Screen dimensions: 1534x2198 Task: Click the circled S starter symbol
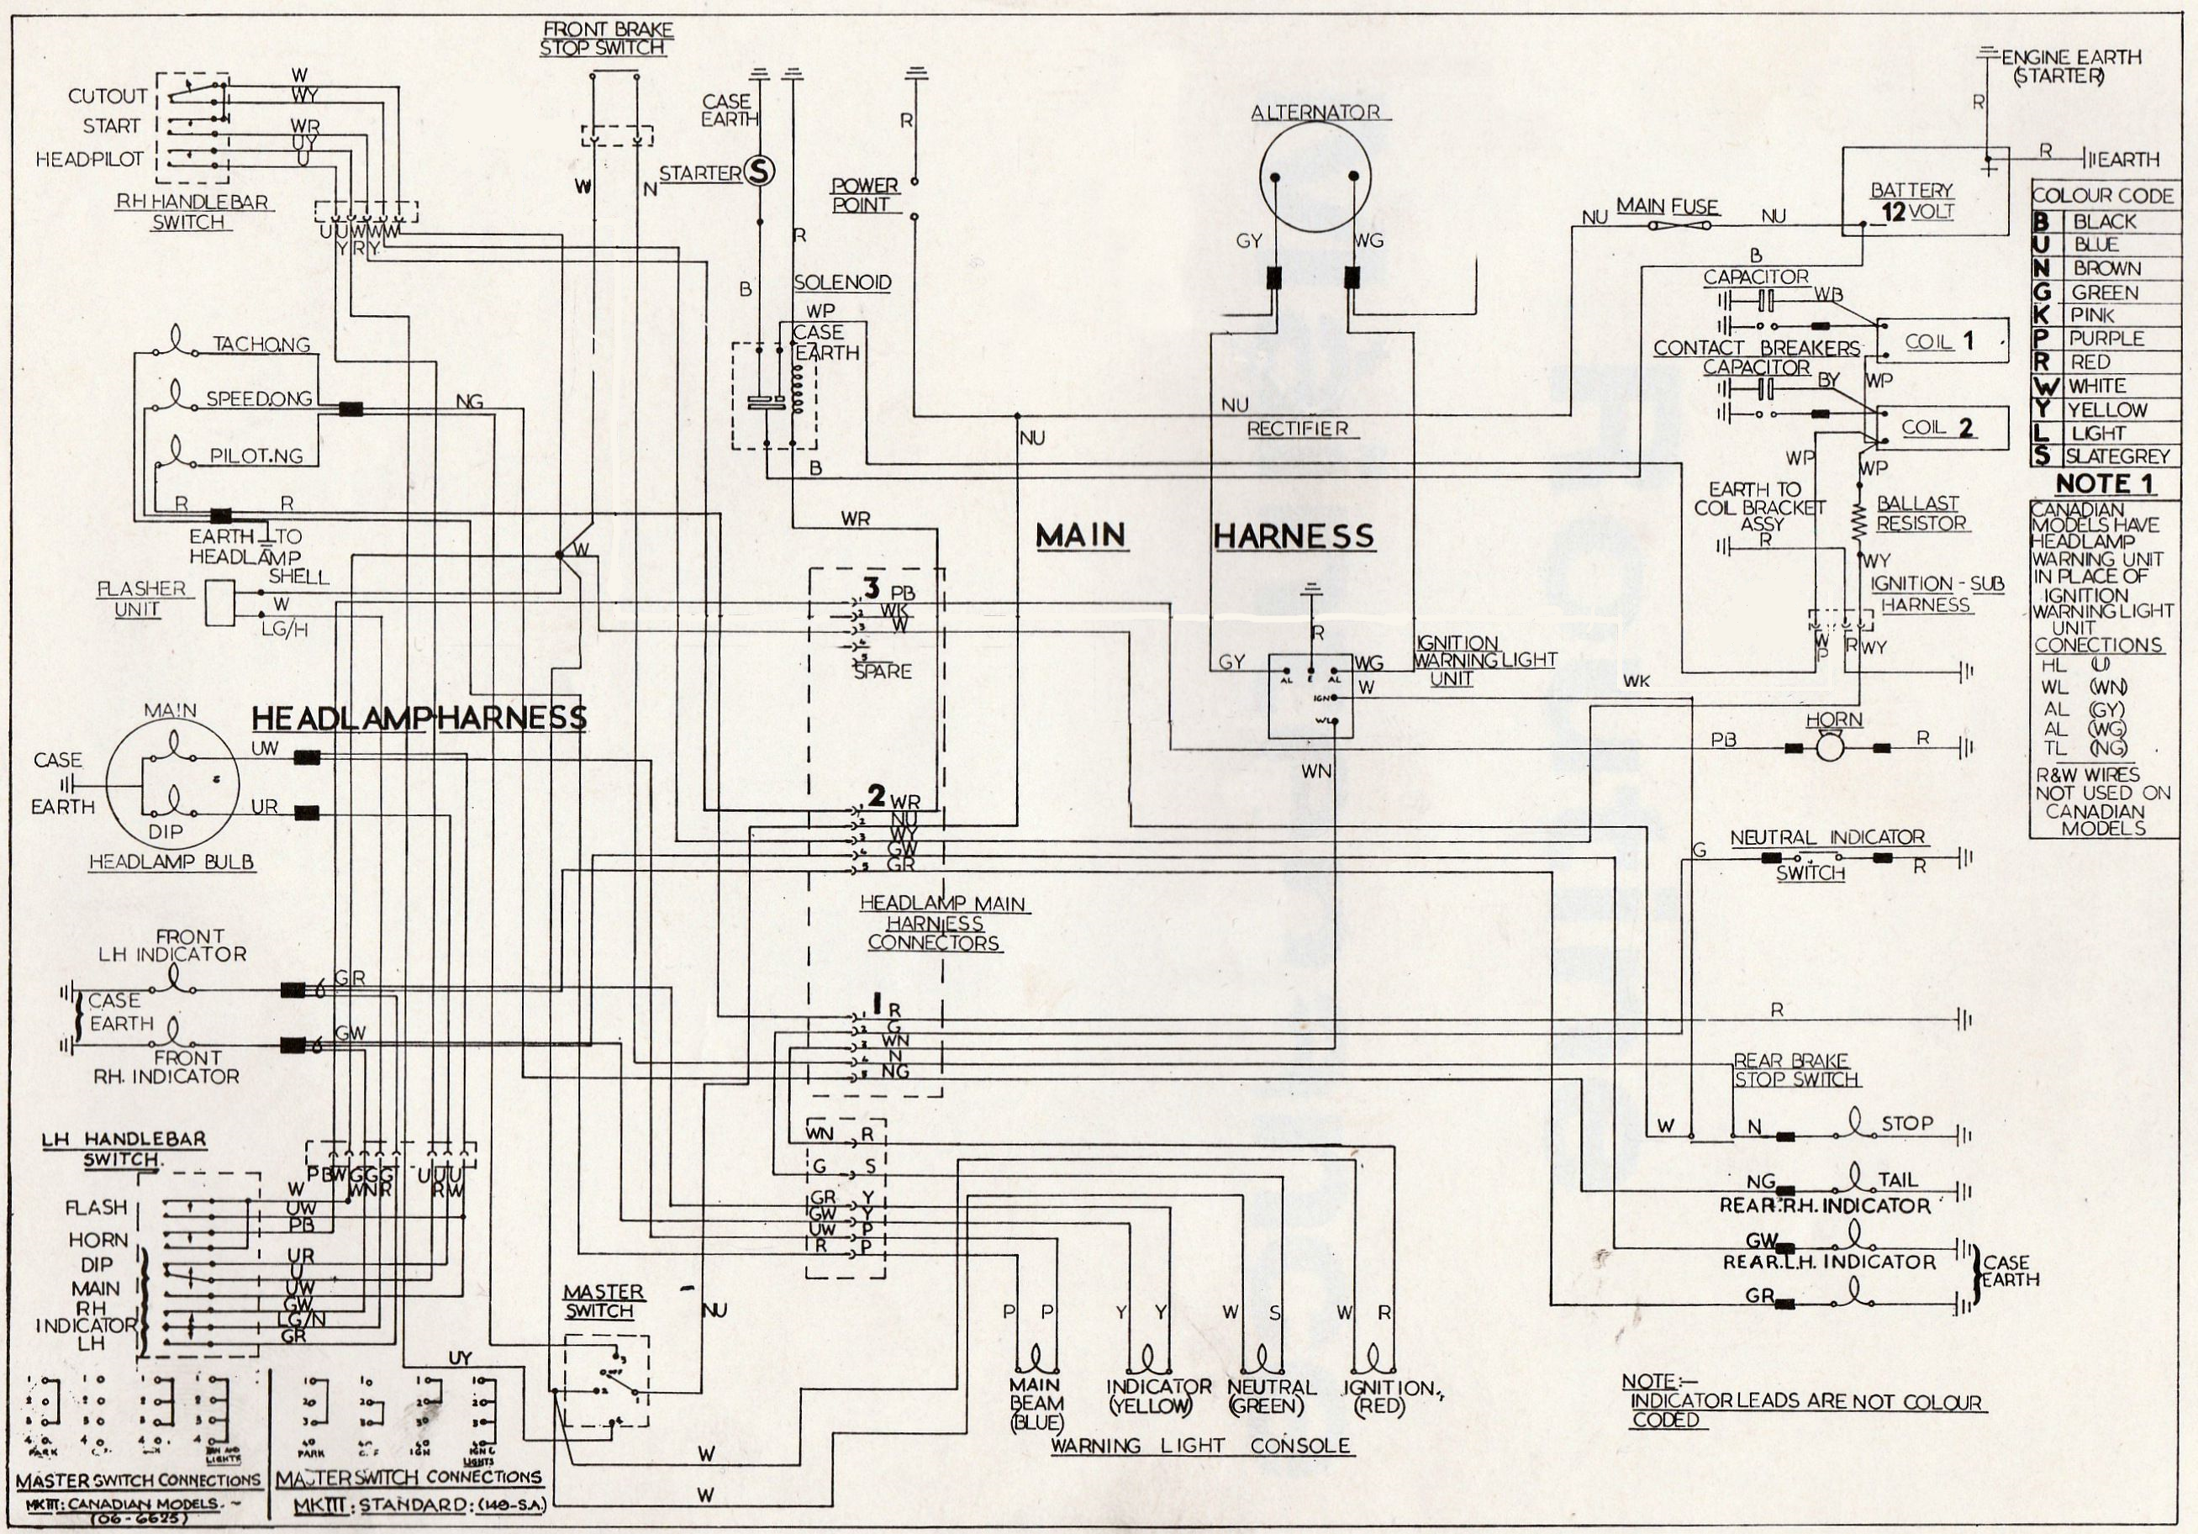[761, 172]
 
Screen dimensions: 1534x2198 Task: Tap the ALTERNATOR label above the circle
[1315, 112]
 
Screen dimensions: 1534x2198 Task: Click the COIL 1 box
[1942, 342]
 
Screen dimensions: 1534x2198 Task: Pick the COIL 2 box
[1942, 427]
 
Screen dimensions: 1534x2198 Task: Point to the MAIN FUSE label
[1668, 206]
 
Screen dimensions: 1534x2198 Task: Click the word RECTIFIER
[1297, 428]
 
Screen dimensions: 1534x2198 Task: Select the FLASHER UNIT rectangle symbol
[221, 604]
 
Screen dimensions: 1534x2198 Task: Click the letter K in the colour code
[2045, 315]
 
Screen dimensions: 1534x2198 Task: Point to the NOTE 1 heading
[2106, 484]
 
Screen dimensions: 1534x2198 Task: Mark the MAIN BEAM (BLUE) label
[1035, 1404]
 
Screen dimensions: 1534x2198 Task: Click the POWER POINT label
[864, 194]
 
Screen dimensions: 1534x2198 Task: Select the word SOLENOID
[842, 283]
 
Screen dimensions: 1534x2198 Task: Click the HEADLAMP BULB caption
[171, 862]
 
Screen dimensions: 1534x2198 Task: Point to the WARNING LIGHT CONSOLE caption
[1200, 1445]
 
